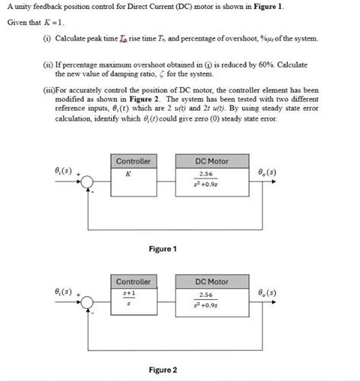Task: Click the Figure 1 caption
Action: point(163,249)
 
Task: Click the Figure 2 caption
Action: point(163,370)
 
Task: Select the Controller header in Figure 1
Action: point(134,162)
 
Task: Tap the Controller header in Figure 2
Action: point(134,282)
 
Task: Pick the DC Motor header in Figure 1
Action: point(211,162)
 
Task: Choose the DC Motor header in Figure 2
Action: point(211,282)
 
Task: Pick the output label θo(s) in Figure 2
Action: point(272,292)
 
